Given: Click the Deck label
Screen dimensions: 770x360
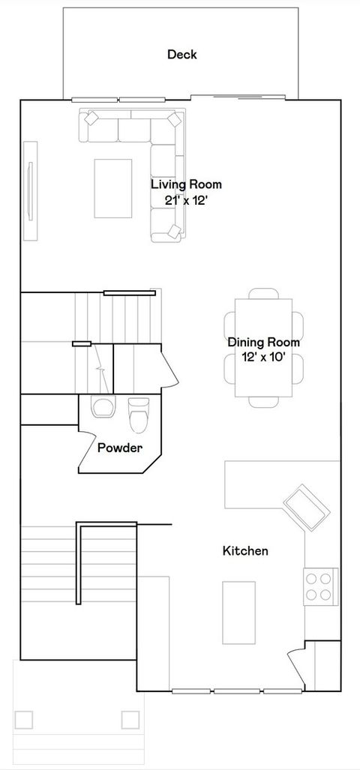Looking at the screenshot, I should (x=181, y=54).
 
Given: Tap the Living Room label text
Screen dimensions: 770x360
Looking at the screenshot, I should (x=186, y=184).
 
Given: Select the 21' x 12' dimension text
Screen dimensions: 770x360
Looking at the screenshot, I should (x=186, y=200).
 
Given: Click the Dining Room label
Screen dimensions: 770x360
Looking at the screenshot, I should (x=263, y=343).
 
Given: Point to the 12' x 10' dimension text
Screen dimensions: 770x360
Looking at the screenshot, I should (x=263, y=358).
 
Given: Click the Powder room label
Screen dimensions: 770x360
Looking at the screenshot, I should (x=120, y=448).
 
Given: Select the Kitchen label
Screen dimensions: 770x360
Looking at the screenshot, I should (x=245, y=551).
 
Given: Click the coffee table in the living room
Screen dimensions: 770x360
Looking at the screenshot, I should (x=113, y=187).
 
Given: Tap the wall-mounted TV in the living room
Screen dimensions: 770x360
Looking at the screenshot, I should (x=30, y=191).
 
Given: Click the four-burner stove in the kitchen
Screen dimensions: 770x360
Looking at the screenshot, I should (x=320, y=585).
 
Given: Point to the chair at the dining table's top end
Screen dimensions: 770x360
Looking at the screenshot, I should (x=263, y=293).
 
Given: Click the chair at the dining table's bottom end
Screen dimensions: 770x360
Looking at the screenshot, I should (x=263, y=402).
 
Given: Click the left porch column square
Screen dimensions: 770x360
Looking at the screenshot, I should (x=24, y=720).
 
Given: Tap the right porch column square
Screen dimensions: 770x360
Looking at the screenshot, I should (x=130, y=720).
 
